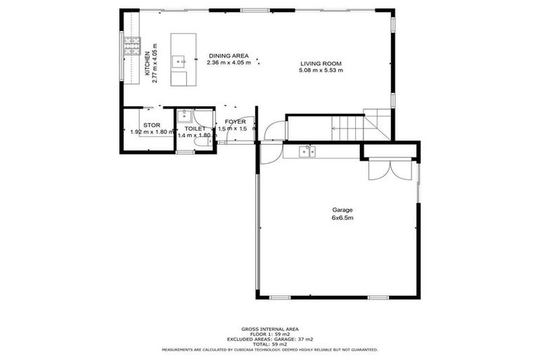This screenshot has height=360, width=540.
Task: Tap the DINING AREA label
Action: pyautogui.click(x=229, y=56)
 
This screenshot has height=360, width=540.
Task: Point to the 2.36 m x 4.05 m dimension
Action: pyautogui.click(x=229, y=63)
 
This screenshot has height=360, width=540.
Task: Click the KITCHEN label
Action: pyautogui.click(x=147, y=64)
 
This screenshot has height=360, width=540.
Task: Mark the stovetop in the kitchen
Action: pyautogui.click(x=131, y=46)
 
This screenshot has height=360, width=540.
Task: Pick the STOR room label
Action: pyautogui.click(x=152, y=125)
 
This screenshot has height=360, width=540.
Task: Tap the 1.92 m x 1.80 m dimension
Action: pyautogui.click(x=152, y=131)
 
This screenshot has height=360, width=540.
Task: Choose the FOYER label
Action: pyautogui.click(x=235, y=122)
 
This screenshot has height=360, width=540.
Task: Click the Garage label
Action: pyautogui.click(x=342, y=210)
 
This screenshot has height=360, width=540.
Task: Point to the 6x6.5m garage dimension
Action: pyautogui.click(x=342, y=218)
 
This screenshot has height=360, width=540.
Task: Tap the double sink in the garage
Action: pyautogui.click(x=307, y=150)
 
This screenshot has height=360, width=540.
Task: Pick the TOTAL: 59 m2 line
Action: pyautogui.click(x=269, y=344)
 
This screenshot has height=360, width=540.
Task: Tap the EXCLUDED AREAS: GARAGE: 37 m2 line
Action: pyautogui.click(x=269, y=339)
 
